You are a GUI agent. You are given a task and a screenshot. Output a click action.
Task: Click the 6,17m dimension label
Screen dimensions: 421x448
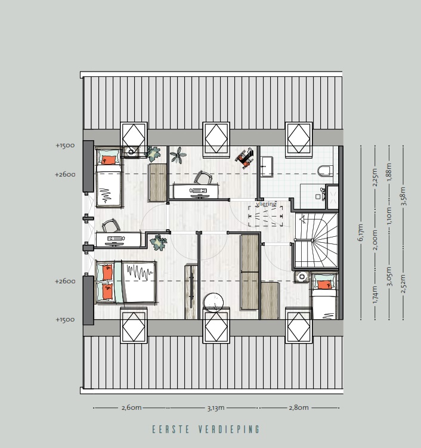click(361, 232)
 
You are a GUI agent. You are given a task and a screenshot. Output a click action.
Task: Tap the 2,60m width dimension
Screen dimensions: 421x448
click(131, 407)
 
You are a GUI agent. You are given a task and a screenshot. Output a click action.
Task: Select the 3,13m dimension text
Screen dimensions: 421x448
click(216, 407)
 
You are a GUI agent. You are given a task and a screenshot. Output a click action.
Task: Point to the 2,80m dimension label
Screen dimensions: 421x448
click(299, 407)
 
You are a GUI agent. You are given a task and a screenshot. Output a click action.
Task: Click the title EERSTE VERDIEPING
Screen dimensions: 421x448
click(206, 430)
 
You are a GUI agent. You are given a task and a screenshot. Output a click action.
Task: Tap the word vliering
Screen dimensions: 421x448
click(266, 203)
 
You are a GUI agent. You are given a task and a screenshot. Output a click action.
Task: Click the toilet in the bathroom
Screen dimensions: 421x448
click(326, 171)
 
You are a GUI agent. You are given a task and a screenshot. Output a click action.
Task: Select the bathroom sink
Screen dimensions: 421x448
click(267, 167)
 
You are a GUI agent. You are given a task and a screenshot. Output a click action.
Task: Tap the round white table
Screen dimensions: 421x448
click(213, 302)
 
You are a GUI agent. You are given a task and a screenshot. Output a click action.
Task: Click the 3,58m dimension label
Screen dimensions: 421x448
click(403, 196)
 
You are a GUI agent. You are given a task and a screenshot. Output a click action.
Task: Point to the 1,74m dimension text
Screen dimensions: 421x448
click(375, 295)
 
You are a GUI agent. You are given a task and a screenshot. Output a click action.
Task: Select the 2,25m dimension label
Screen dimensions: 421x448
click(375, 177)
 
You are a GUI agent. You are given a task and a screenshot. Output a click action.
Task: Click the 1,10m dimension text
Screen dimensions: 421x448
click(389, 216)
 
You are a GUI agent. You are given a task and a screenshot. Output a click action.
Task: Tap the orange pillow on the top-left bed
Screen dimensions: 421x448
click(108, 160)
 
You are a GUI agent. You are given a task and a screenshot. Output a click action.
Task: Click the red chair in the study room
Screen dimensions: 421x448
click(244, 158)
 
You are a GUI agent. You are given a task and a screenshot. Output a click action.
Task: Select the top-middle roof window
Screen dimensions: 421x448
click(216, 140)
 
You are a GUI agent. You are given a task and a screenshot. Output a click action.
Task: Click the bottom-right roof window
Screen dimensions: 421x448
click(299, 326)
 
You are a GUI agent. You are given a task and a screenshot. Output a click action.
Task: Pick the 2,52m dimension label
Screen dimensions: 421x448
click(403, 284)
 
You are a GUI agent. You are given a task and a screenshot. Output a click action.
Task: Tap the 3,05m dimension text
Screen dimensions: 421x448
click(389, 276)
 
